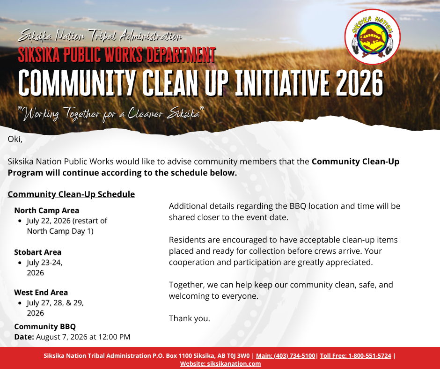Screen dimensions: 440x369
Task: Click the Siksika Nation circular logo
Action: [x=373, y=37]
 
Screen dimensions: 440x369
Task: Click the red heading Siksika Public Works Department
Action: [x=117, y=54]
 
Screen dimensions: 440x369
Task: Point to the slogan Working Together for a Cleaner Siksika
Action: [x=110, y=114]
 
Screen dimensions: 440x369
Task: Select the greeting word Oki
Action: [x=15, y=139]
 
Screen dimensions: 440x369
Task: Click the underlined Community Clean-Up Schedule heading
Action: [x=71, y=194]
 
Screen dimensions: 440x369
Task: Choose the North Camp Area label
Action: [x=47, y=210]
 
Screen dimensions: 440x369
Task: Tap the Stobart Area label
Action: [x=37, y=252]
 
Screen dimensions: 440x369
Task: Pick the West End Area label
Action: [x=41, y=292]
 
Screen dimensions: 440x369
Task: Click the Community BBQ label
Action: [x=45, y=326]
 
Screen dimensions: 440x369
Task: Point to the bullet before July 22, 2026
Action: [x=20, y=221]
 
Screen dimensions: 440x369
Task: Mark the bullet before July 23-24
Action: [x=20, y=263]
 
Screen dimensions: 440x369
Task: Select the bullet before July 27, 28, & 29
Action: [x=20, y=303]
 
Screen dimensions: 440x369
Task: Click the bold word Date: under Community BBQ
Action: [x=24, y=337]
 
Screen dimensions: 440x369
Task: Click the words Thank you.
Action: [x=190, y=318]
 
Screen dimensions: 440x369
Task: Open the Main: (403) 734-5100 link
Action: [x=286, y=356]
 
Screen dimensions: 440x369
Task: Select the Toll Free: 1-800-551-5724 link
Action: [x=356, y=356]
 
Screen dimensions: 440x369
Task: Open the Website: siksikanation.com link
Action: [x=220, y=364]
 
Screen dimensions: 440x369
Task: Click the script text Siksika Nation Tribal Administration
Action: [x=100, y=36]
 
